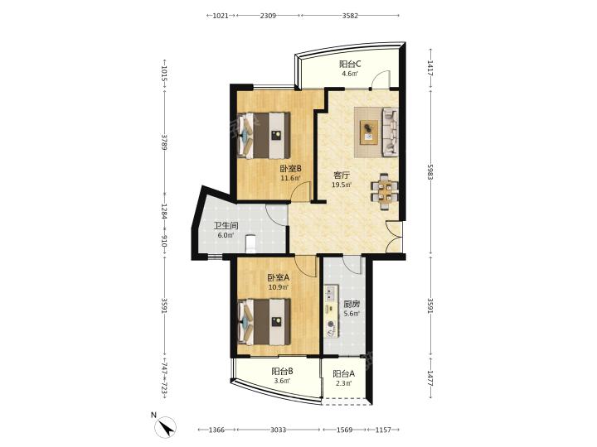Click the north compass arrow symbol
click(166, 427)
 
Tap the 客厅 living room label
click(341, 175)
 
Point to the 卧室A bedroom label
click(279, 277)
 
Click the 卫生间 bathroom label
click(226, 226)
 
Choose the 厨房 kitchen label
click(352, 304)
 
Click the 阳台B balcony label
click(282, 372)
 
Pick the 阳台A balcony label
click(343, 373)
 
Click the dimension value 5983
click(430, 172)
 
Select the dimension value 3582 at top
click(350, 16)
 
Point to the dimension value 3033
click(279, 430)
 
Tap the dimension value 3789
click(164, 142)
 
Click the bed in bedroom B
click(264, 135)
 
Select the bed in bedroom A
click(264, 321)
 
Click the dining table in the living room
click(385, 191)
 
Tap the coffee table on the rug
click(368, 132)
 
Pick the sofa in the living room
click(390, 132)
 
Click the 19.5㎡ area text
click(342, 185)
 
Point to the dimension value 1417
click(430, 69)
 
